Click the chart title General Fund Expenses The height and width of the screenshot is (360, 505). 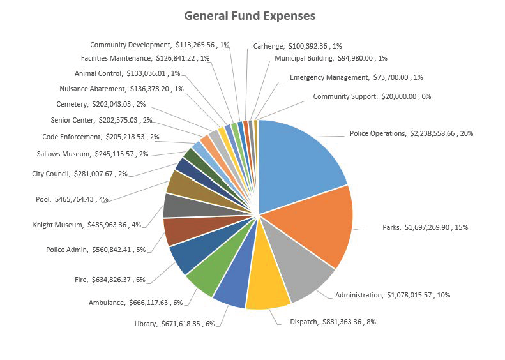(250, 15)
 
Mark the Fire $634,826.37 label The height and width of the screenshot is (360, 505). (110, 278)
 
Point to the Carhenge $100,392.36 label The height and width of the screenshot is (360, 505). (298, 46)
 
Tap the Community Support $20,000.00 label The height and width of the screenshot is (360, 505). (372, 96)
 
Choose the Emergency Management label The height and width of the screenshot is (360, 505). (356, 77)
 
